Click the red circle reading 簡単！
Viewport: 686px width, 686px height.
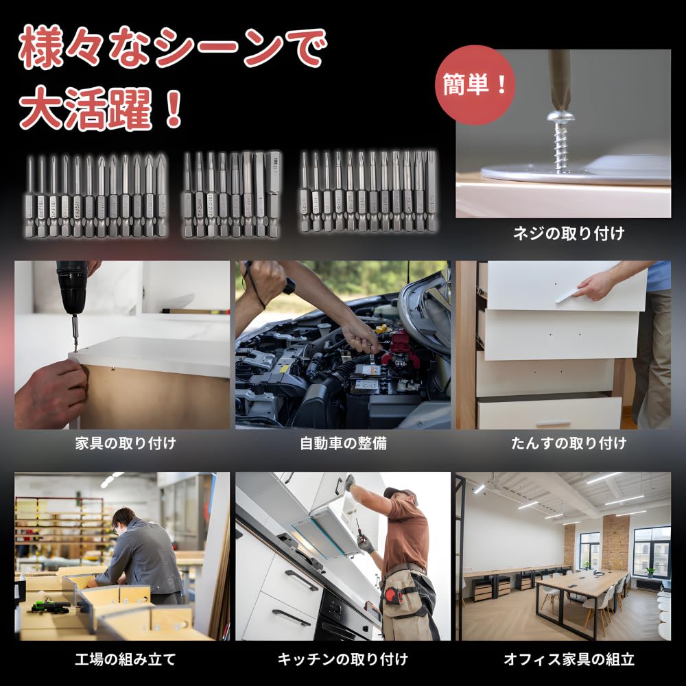pos(474,85)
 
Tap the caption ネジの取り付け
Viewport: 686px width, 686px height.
pos(569,234)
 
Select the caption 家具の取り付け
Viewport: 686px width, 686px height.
pos(126,443)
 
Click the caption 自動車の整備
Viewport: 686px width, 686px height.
pos(343,443)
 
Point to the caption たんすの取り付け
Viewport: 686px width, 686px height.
pos(569,443)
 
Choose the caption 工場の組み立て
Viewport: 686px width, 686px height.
pos(126,660)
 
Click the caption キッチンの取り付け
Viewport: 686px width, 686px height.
pos(343,660)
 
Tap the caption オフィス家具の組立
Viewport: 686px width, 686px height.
pos(569,660)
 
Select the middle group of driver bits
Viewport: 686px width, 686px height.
pos(231,194)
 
